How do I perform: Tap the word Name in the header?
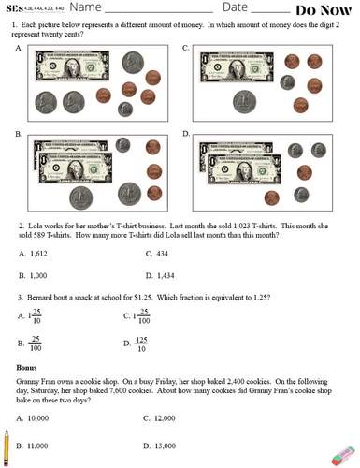tap(103, 8)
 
